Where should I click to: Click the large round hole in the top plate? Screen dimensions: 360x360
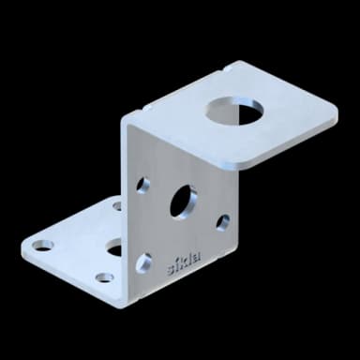[x=234, y=111]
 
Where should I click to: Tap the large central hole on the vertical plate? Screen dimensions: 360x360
[x=183, y=202]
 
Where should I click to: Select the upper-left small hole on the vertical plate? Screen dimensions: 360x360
[x=142, y=185]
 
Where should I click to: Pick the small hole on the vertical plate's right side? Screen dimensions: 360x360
[x=223, y=222]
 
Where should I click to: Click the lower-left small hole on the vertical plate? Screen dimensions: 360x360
[x=143, y=262]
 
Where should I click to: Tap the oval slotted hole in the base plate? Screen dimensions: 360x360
[x=39, y=246]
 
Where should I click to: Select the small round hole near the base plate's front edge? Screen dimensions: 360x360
[x=104, y=277]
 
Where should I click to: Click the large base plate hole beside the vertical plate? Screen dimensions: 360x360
[x=114, y=247]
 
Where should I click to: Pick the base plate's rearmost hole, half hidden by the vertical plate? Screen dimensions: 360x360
[x=117, y=205]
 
